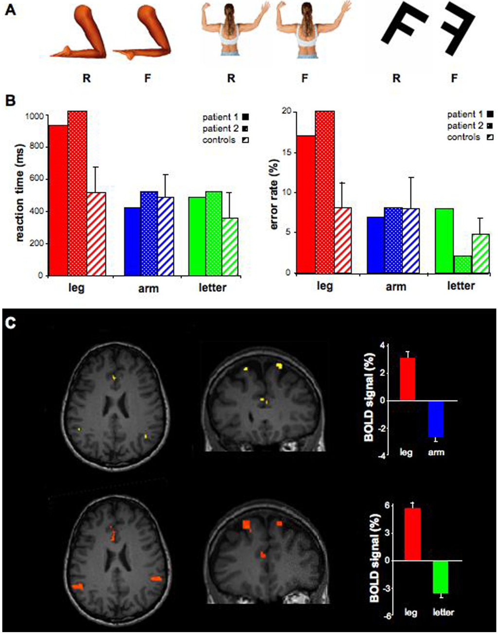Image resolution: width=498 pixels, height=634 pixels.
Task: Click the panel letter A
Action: (10, 9)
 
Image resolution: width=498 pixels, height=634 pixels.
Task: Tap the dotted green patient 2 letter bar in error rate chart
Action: (463, 264)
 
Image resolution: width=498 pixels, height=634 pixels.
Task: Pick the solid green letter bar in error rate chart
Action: (444, 240)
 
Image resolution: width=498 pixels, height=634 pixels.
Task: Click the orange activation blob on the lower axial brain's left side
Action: (77, 587)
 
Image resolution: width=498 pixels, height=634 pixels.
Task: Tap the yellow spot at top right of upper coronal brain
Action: (279, 365)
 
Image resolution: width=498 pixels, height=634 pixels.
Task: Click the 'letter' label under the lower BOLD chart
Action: (443, 612)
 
